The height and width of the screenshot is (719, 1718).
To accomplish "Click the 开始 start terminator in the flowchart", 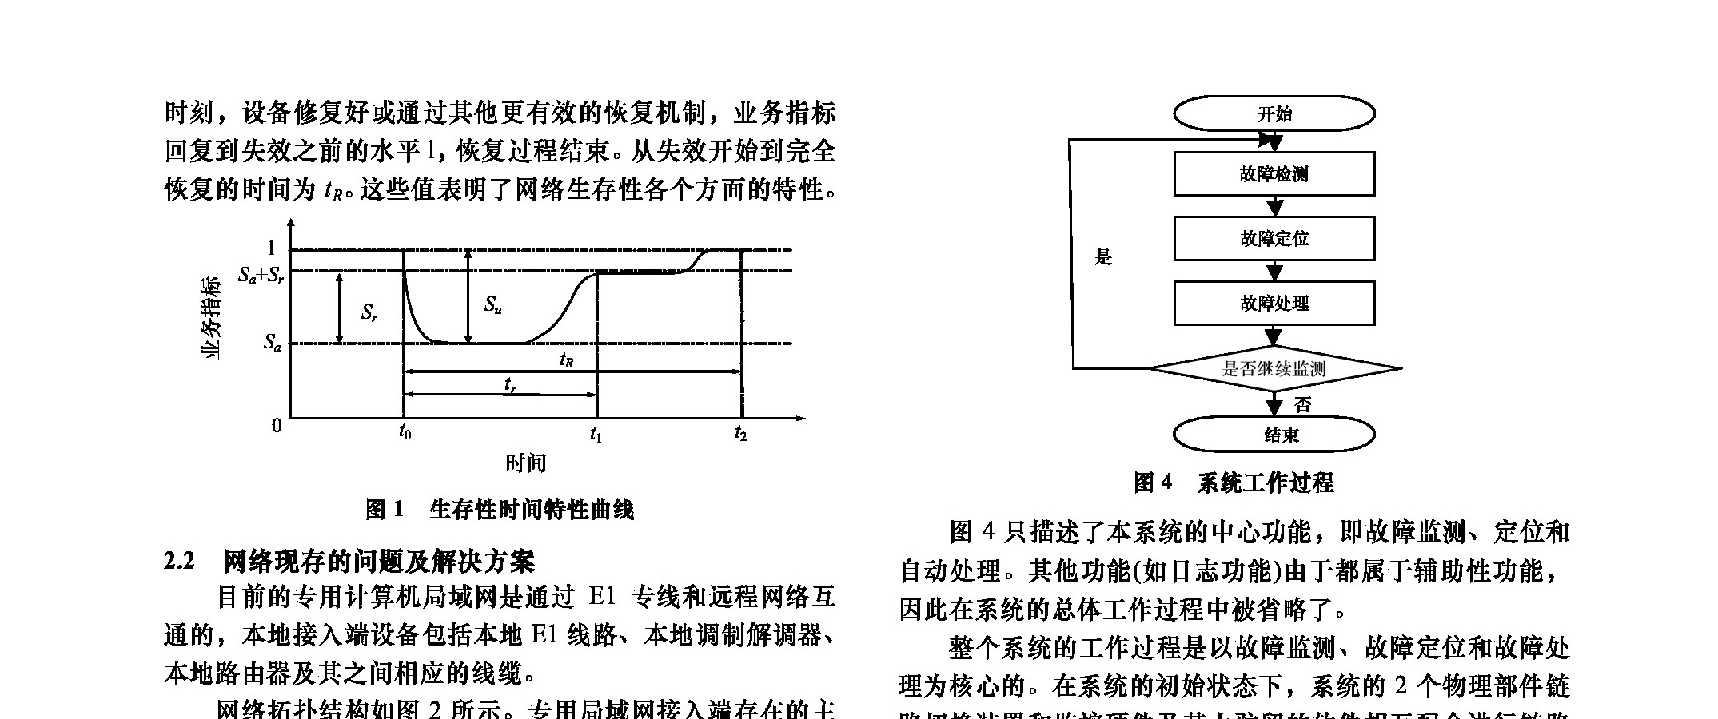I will click(1274, 113).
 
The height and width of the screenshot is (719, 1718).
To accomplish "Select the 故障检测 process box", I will click(1274, 174).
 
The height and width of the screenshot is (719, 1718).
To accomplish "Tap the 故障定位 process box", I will click(1274, 238).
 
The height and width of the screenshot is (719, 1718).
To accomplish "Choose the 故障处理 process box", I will click(1274, 303).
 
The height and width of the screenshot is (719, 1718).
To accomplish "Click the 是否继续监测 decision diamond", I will click(1274, 368).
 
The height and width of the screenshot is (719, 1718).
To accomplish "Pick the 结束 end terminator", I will click(1274, 435).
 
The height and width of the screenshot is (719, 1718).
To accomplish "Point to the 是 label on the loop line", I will click(1103, 257).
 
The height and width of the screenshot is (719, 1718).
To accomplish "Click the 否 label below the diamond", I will click(1303, 405).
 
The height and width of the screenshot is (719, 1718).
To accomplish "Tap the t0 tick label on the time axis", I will click(405, 434).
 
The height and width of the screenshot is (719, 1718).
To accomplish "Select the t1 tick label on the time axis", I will click(596, 435).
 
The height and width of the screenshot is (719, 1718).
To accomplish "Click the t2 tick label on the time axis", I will click(740, 434).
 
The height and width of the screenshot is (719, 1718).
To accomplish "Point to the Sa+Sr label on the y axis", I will click(261, 276).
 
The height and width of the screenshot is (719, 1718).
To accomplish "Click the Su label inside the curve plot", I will click(492, 305).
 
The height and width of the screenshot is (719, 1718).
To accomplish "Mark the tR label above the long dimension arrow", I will click(566, 361).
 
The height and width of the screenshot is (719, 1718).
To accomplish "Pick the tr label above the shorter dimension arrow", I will click(510, 385).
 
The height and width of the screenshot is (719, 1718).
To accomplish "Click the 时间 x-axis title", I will click(525, 463).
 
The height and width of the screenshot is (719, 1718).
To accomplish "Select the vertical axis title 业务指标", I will click(210, 317).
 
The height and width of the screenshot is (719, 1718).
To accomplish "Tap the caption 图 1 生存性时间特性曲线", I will click(499, 510).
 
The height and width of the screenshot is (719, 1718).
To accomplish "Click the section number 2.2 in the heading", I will click(179, 562).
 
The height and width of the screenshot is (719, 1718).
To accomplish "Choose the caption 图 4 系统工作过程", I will click(1233, 483).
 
